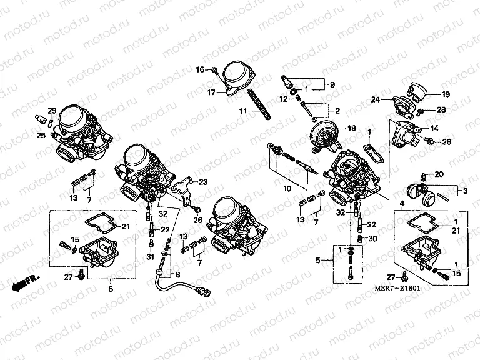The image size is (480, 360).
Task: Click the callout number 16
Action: pos(200,69)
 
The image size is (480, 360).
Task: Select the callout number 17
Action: pos(212,92)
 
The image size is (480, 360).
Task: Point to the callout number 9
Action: pos(332,85)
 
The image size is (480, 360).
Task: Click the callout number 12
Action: pos(283,99)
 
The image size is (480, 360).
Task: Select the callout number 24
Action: pos(375,99)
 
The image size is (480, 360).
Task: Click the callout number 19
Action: pos(446,94)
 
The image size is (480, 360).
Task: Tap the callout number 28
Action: pos(441,110)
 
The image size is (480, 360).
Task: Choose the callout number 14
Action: pos(434,128)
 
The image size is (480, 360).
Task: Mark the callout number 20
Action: pos(438,174)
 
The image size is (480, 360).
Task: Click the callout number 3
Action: pos(464,190)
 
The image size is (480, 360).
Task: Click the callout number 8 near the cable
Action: pos(177,274)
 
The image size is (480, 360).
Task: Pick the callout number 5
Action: pos(319,260)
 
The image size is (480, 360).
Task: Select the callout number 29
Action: pos(52,111)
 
